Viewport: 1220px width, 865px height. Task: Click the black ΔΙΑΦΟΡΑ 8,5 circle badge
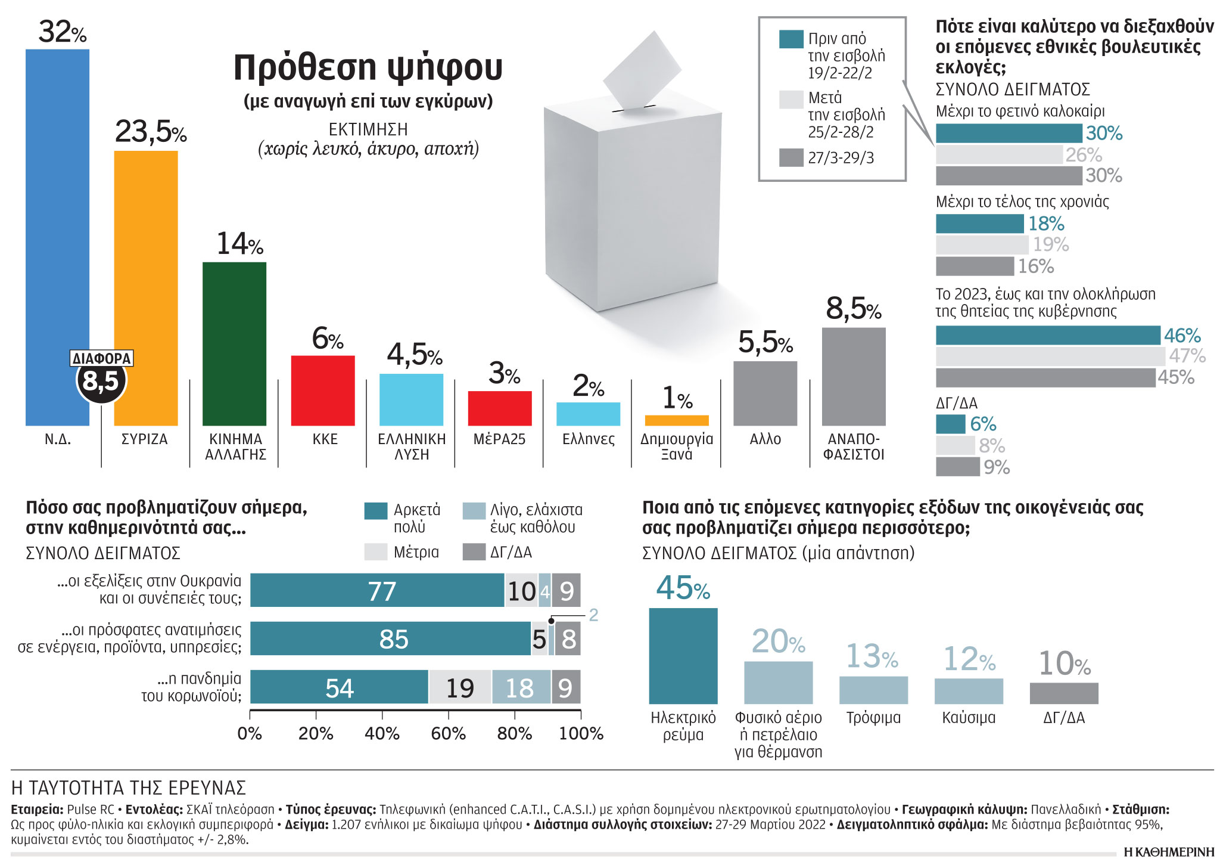[101, 381]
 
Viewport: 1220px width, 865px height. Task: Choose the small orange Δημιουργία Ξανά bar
[677, 420]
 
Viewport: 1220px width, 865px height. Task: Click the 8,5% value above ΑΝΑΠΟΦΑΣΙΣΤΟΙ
[853, 309]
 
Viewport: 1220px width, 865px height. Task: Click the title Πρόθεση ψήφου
[368, 67]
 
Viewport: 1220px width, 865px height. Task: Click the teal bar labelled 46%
[1047, 336]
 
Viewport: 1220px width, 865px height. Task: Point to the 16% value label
[1035, 266]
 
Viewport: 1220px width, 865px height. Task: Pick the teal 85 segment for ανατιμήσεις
[390, 639]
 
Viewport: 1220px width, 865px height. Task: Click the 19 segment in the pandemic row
[460, 687]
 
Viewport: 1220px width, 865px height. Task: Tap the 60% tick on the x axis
[448, 733]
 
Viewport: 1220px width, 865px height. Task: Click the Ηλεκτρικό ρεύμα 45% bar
[683, 656]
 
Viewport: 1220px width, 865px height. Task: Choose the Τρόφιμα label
[873, 718]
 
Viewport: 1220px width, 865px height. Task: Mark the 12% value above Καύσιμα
[969, 659]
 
